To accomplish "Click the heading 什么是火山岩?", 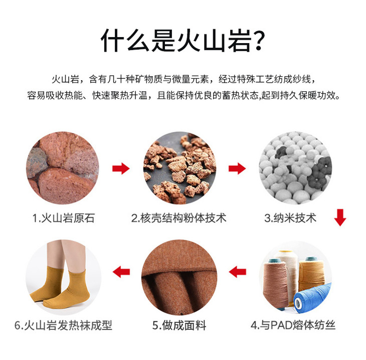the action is click(183, 41).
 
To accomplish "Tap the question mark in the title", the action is click(259, 41).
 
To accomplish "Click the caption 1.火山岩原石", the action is click(64, 218).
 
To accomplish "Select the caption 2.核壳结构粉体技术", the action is click(179, 218).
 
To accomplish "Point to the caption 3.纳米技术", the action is click(290, 218).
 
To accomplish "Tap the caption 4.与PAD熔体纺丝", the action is click(293, 325).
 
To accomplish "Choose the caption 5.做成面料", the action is click(179, 325).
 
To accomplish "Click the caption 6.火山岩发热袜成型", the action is click(64, 325).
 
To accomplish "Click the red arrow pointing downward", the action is click(340, 218).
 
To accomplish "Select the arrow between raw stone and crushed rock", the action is click(121, 168).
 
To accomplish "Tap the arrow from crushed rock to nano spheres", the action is click(237, 168).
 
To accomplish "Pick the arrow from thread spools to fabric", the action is click(237, 272).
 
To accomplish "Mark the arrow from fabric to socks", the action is click(121, 272).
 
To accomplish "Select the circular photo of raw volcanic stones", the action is click(63, 168).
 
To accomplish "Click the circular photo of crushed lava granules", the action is click(179, 168).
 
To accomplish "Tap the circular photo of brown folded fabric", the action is click(179, 277).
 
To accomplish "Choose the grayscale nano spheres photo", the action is click(295, 168).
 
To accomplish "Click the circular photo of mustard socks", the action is click(63, 277).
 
